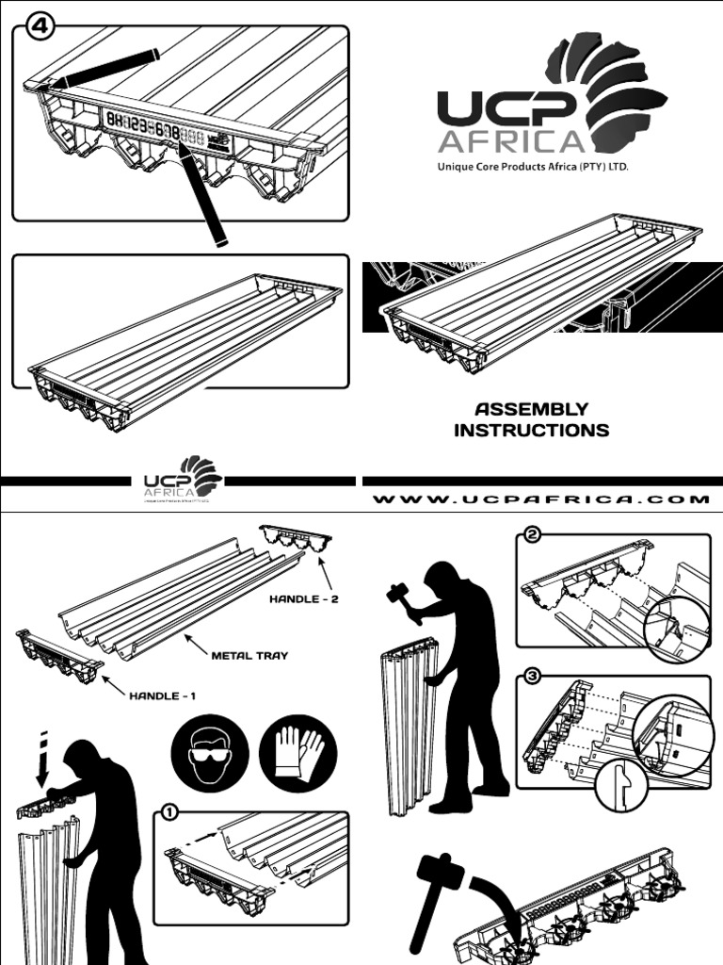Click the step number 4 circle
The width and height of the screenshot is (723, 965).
click(x=38, y=26)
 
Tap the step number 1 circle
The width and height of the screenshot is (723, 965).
click(x=169, y=812)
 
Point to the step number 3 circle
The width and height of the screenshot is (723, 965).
click(x=533, y=678)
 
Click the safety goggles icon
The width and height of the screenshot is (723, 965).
click(x=209, y=754)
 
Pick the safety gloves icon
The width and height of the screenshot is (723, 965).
click(x=298, y=754)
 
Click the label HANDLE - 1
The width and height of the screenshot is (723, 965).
click(x=167, y=696)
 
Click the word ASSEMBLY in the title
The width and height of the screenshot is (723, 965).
click(x=532, y=409)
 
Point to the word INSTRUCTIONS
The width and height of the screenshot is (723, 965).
click(x=532, y=431)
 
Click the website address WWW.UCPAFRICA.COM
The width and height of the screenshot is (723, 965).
click(x=541, y=499)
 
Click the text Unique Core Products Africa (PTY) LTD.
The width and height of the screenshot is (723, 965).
click(x=529, y=166)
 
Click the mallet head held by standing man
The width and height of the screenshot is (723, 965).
click(x=396, y=594)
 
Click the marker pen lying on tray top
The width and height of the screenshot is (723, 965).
click(x=104, y=68)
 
